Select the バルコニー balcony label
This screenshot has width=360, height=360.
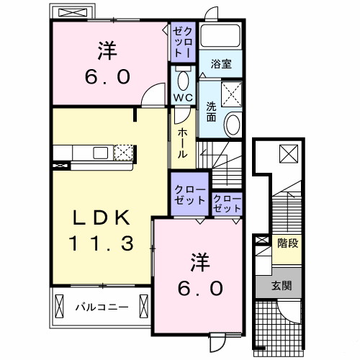click(x=102, y=307)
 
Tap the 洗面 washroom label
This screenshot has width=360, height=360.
click(x=211, y=109)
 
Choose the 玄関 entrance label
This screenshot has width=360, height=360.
click(x=282, y=285)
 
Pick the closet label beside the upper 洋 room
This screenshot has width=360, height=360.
click(x=181, y=42)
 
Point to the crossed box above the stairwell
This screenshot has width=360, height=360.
click(x=287, y=153)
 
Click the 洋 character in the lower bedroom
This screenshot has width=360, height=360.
click(x=199, y=261)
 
